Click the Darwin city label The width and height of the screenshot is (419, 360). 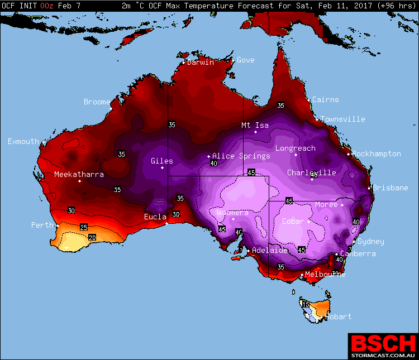tap(201, 62)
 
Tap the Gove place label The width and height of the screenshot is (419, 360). tap(246, 60)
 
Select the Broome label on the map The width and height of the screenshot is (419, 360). tap(97, 102)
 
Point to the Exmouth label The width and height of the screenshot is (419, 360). tap(23, 141)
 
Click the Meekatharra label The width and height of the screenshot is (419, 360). tap(79, 175)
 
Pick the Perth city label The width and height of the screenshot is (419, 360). tap(42, 225)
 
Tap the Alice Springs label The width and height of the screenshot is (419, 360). tap(241, 156)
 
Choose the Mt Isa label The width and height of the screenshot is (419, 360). tap(255, 125)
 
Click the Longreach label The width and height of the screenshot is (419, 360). tap(295, 148)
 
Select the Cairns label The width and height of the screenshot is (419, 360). tap(325, 99)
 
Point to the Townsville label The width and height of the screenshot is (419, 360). tap(342, 119)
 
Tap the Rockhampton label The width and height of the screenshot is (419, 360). tap(377, 153)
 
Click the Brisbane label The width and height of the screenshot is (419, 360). tap(391, 188)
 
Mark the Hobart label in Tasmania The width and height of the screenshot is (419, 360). tap(338, 316)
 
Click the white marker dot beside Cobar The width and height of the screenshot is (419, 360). tap(308, 222)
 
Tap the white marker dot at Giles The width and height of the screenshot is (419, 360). tap(163, 167)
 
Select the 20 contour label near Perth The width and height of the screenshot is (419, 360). tap(92, 238)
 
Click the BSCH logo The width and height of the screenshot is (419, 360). tap(383, 342)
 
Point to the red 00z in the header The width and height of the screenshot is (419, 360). tap(47, 5)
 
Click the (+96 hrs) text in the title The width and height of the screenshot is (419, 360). tap(397, 5)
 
